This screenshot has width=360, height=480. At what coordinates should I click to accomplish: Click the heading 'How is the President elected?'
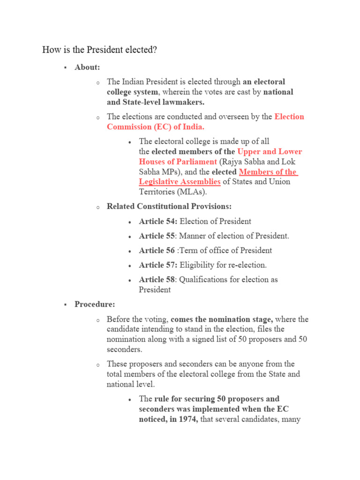point(99,49)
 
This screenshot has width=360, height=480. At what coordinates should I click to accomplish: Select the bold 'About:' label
point(87,67)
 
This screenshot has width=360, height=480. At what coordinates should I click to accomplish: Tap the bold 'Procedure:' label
point(95,304)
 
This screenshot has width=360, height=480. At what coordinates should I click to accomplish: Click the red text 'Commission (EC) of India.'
point(156,127)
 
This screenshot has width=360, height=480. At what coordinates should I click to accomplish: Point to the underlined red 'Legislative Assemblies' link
point(180,181)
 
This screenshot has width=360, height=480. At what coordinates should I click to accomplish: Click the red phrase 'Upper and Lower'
point(270,151)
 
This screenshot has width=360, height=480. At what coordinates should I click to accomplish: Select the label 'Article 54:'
point(158,221)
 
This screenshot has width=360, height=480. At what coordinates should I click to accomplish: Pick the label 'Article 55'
point(157,236)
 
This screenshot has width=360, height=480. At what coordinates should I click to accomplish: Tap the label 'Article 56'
point(157,250)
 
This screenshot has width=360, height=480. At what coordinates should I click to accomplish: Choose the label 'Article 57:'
point(158,265)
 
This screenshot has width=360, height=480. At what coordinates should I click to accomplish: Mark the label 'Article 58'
point(157,279)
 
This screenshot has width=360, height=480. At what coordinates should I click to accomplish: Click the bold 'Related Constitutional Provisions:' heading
point(169,206)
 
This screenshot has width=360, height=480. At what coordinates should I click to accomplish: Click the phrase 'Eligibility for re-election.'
point(223,265)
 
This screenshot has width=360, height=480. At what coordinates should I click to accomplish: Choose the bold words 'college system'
point(132,92)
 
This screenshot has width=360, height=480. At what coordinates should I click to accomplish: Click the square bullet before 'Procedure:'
point(66,305)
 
